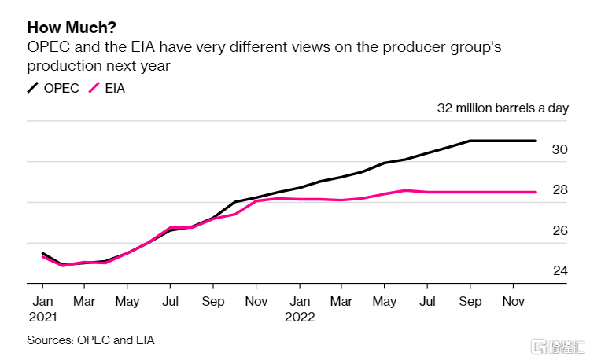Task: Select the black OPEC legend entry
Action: (53, 88)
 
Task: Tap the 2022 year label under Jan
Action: (300, 318)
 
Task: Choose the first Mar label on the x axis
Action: (84, 301)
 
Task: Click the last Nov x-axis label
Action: (514, 301)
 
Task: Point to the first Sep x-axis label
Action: (213, 301)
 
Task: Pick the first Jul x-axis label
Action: (170, 301)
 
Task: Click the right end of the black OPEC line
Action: (535, 141)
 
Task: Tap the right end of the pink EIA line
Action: (535, 192)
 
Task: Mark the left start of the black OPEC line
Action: (42, 253)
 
